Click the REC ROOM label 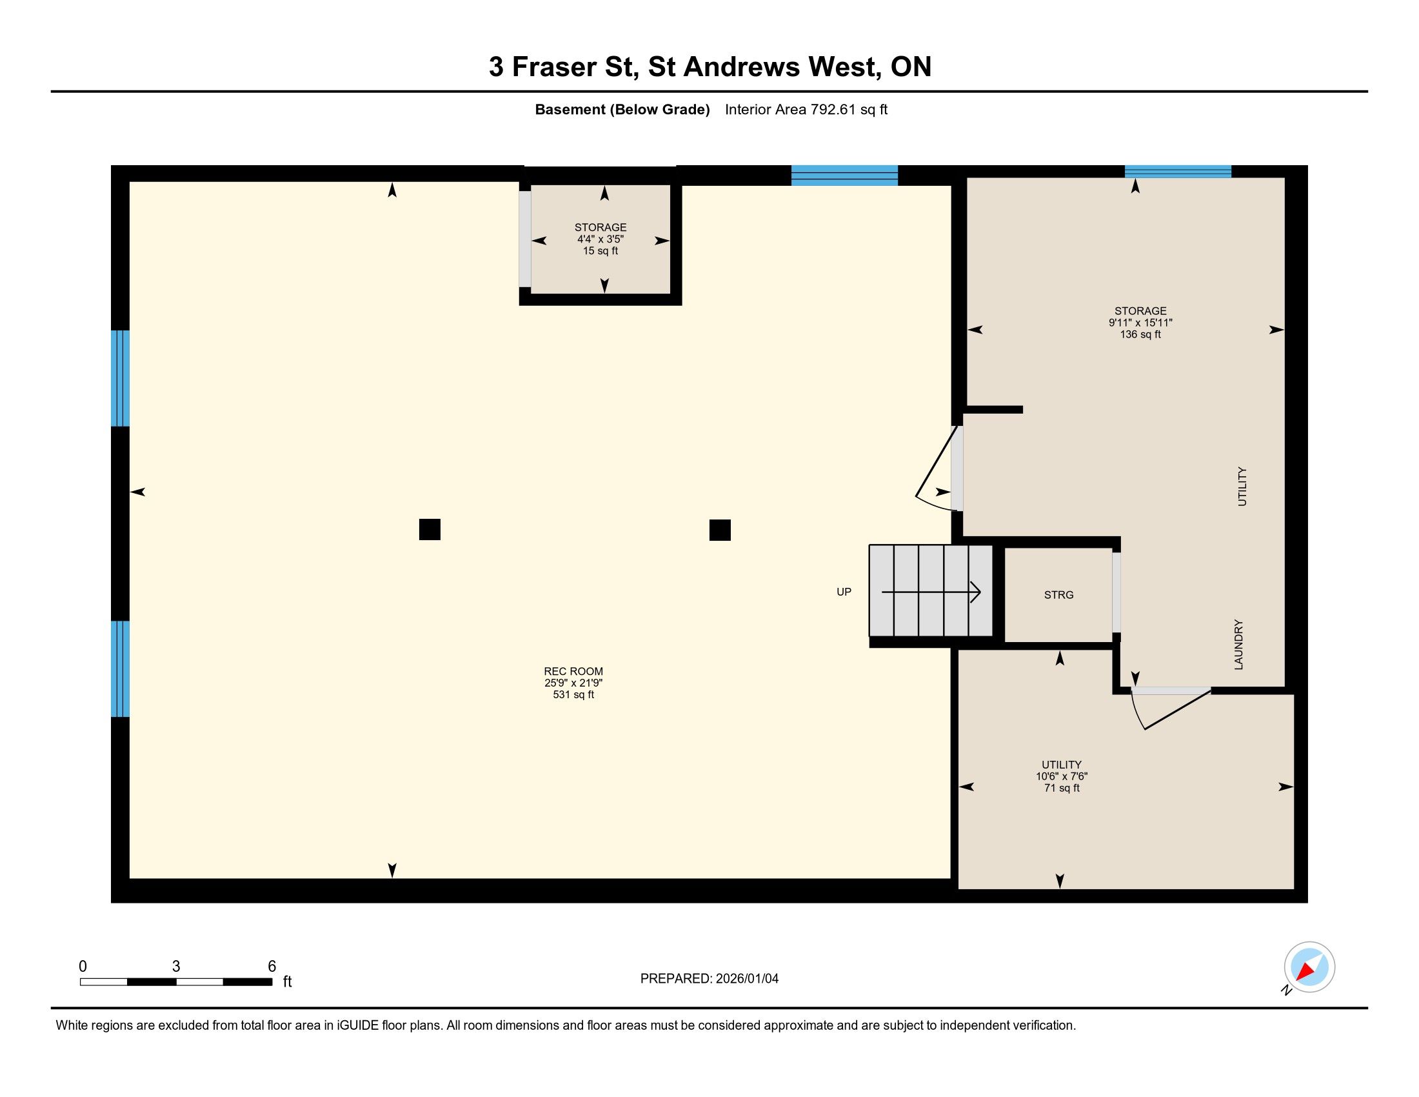573,671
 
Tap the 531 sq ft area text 573,695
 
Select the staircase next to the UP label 931,590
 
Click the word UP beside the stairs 844,592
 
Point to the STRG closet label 1058,595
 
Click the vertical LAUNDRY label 1238,644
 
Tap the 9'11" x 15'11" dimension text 1140,323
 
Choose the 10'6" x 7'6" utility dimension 1062,776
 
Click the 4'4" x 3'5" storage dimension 600,239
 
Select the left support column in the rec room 430,530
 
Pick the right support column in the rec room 720,530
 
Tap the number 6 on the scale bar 272,967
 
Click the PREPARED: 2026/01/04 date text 709,979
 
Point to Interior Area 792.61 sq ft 806,110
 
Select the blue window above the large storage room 1178,172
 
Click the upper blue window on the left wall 120,378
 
